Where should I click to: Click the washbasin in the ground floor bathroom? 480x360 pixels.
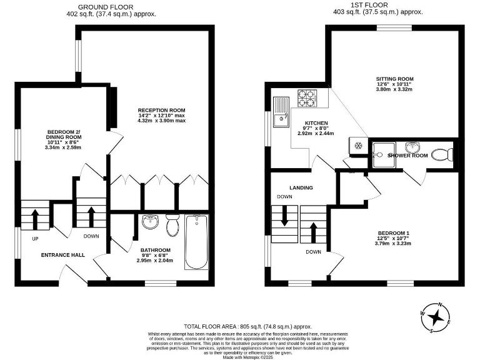149,222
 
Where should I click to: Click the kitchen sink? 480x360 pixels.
281,110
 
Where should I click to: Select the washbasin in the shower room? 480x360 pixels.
412,147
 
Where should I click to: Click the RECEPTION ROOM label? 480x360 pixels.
162,110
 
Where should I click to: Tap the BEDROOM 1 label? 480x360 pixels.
393,233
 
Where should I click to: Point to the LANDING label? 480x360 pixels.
301,187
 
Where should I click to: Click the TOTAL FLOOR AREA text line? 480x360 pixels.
247,326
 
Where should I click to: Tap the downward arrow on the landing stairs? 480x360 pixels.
284,218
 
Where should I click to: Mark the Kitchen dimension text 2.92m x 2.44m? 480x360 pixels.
315,133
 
